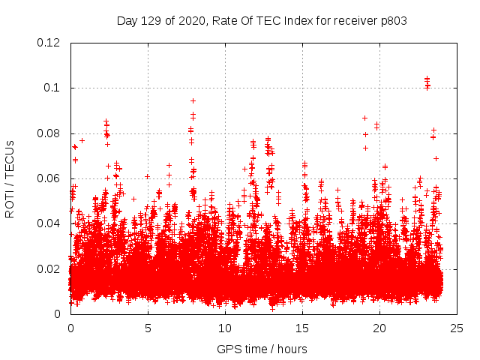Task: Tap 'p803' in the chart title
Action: click(392, 20)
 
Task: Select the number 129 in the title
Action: click(152, 20)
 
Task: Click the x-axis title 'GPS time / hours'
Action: click(262, 349)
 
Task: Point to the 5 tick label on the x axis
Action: click(148, 328)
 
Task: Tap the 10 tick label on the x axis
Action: click(225, 328)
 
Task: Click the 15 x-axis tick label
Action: click(302, 328)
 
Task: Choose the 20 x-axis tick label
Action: click(379, 328)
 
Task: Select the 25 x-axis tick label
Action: click(457, 328)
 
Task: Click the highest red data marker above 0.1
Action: click(427, 78)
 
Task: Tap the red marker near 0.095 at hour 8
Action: click(193, 100)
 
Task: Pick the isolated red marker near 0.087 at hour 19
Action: click(364, 118)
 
